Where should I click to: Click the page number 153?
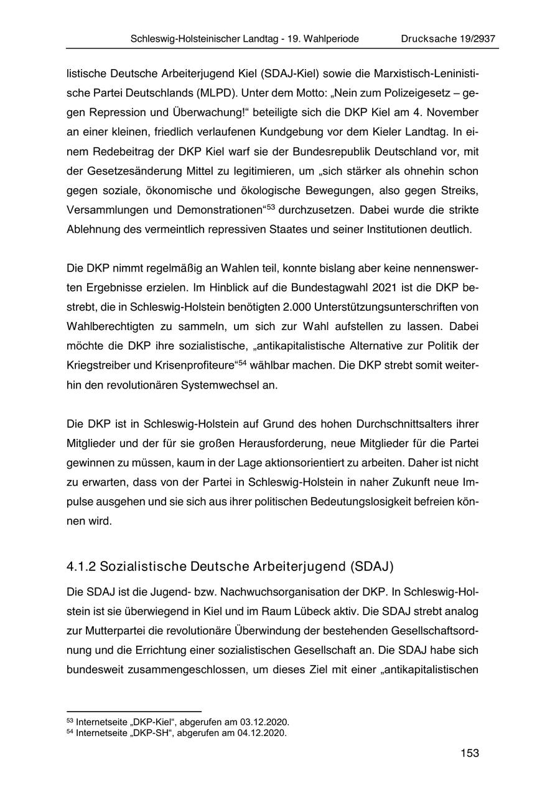tap(470, 753)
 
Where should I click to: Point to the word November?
tap(453, 113)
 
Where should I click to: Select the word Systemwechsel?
tap(222, 385)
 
